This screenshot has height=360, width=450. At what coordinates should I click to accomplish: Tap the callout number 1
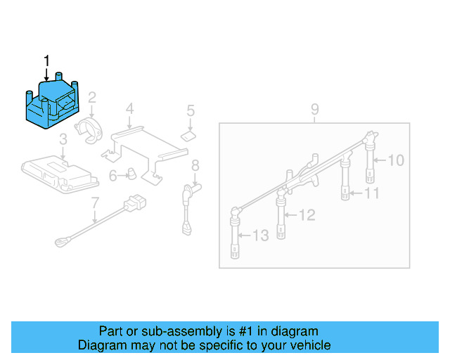pyautogui.click(x=47, y=62)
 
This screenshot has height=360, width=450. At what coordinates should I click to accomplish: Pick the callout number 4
pyautogui.click(x=129, y=109)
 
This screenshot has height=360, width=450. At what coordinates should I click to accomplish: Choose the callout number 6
pyautogui.click(x=112, y=175)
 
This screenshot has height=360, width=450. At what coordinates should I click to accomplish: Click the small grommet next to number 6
pyautogui.click(x=131, y=174)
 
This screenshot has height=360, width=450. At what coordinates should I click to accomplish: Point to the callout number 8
pyautogui.click(x=195, y=165)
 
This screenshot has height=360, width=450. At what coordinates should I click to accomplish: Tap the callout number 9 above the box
pyautogui.click(x=314, y=109)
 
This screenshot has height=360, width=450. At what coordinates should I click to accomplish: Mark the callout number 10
pyautogui.click(x=396, y=161)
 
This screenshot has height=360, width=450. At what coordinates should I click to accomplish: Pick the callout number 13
pyautogui.click(x=260, y=236)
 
